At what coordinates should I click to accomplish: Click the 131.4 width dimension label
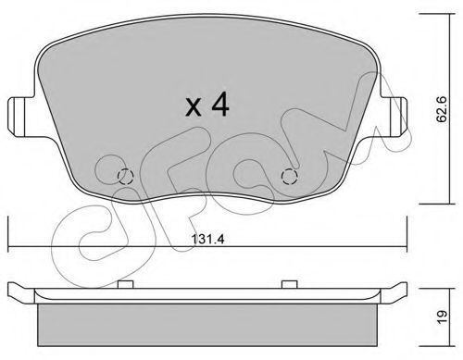click(x=207, y=239)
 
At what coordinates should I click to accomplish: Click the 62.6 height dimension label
click(x=442, y=109)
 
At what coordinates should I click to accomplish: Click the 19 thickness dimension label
click(x=442, y=317)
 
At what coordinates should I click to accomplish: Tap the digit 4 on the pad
click(x=220, y=104)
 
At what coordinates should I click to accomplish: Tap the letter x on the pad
click(x=194, y=107)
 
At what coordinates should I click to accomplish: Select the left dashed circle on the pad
click(x=126, y=177)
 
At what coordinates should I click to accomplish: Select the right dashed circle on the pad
click(x=289, y=177)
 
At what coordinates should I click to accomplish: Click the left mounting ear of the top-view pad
click(x=20, y=117)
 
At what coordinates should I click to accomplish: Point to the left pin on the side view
click(x=126, y=284)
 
